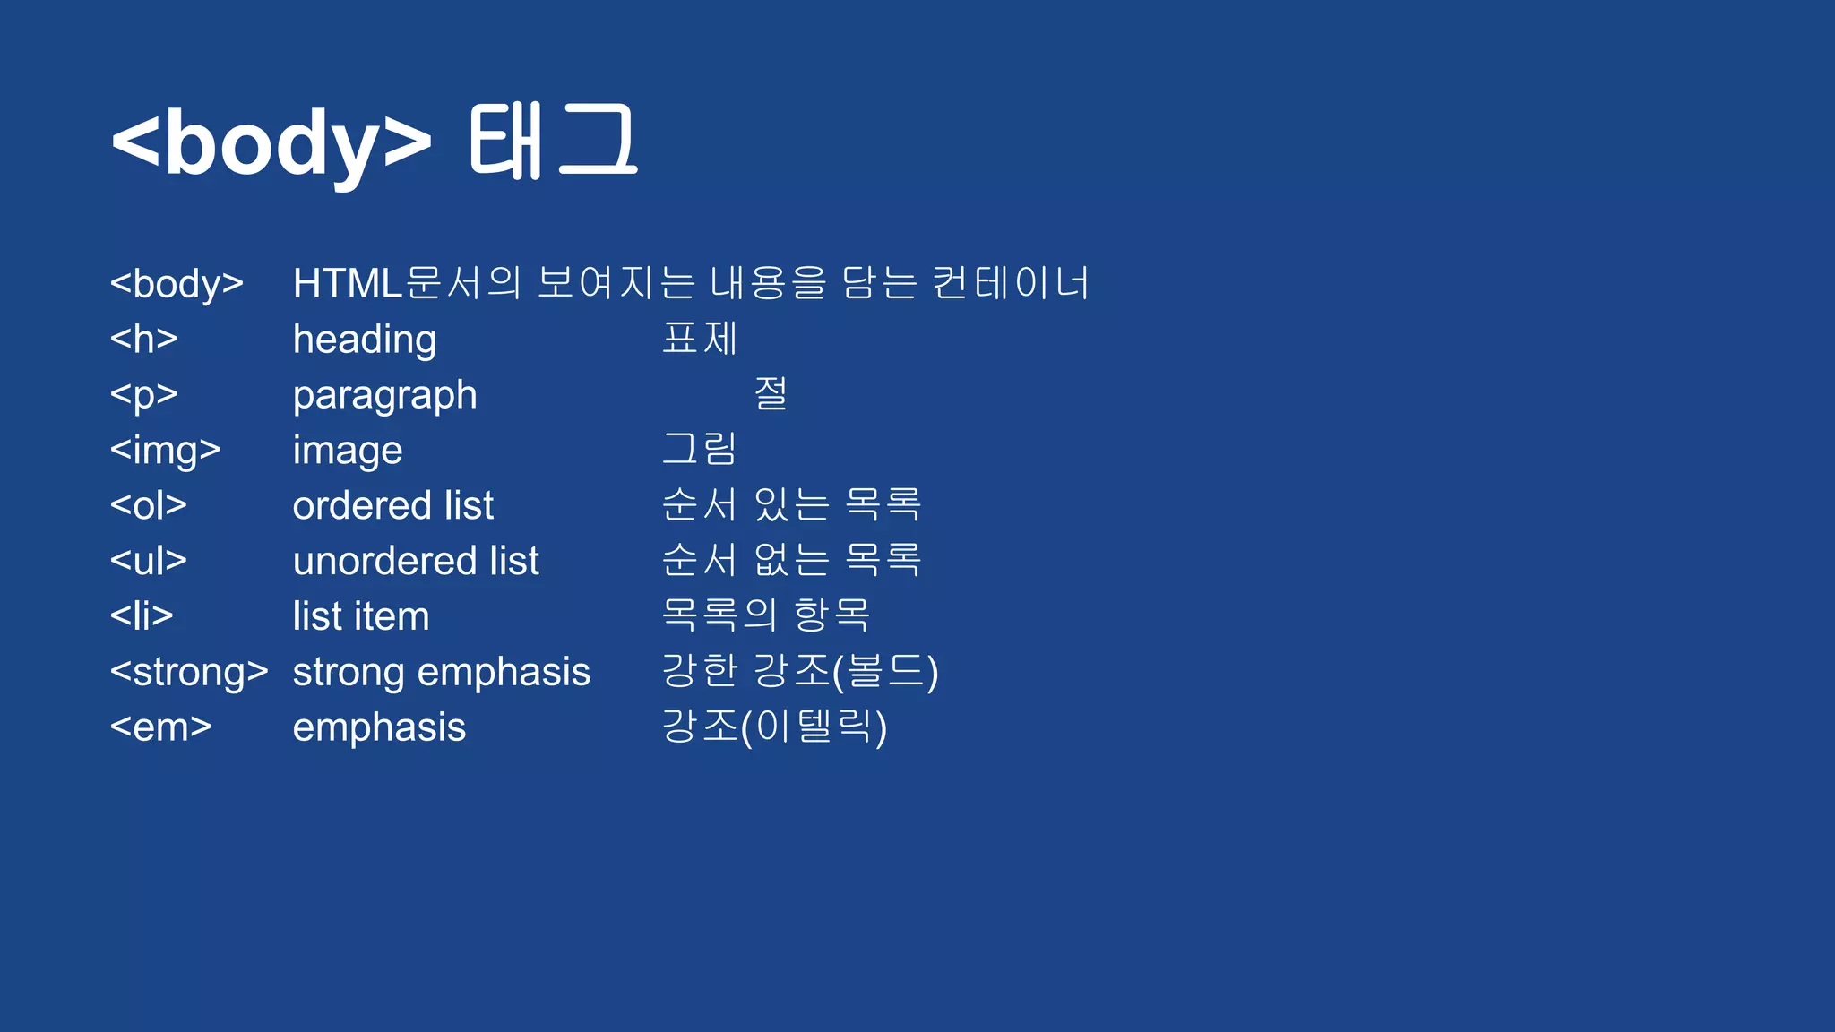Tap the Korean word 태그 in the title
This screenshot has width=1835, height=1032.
[x=553, y=142]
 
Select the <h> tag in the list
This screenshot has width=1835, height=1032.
[x=143, y=340]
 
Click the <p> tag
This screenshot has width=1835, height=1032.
[x=143, y=395]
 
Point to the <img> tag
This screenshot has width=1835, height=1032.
[x=165, y=451]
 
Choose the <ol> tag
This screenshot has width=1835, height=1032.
[x=148, y=506]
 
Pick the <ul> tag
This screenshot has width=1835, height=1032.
[x=148, y=562]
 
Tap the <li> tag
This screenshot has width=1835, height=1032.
[x=142, y=616]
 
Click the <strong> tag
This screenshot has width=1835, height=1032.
[x=188, y=672]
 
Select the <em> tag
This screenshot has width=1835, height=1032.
[x=160, y=727]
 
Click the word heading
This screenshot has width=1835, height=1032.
[x=365, y=340]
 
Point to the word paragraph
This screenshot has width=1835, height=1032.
[x=385, y=396]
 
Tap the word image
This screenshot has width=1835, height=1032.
[x=348, y=451]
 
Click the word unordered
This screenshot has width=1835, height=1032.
[x=385, y=562]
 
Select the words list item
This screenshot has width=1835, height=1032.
[x=361, y=617]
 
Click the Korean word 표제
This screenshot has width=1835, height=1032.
[x=700, y=339]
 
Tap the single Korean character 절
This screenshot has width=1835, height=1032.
[x=771, y=393]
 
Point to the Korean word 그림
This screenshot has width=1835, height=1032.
[x=700, y=449]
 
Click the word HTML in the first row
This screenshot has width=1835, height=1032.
[x=348, y=284]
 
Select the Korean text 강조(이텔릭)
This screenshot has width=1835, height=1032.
[x=774, y=727]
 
